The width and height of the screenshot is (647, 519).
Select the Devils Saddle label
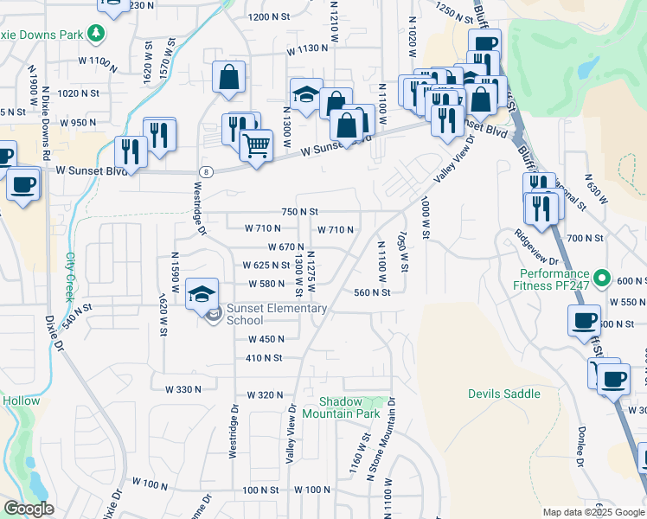(x=503, y=394)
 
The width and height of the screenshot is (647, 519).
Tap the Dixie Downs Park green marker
(x=96, y=34)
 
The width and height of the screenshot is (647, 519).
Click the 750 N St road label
(x=300, y=211)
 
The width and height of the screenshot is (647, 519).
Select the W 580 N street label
(x=266, y=284)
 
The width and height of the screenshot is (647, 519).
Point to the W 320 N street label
(x=265, y=394)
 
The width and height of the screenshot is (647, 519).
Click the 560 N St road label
(x=373, y=292)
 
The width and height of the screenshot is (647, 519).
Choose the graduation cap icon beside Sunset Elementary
(x=202, y=294)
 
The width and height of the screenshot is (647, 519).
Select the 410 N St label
(x=265, y=357)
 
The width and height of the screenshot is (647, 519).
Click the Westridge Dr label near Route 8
(x=199, y=208)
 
